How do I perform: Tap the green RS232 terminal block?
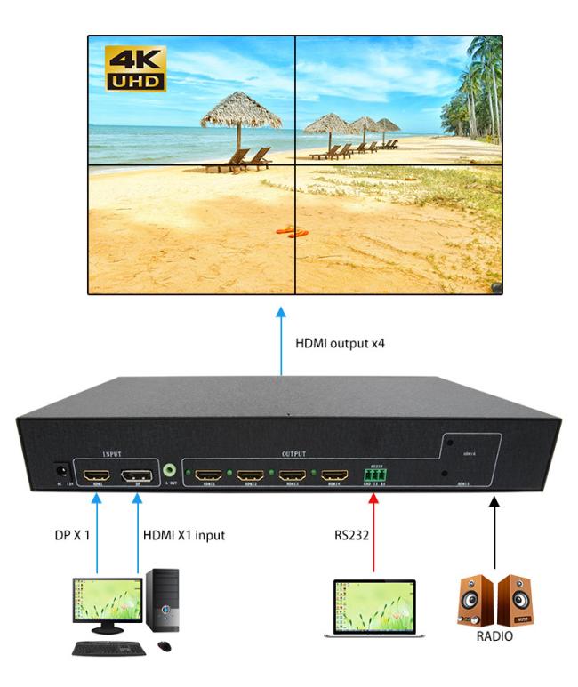[376, 478]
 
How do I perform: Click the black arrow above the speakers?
[494, 533]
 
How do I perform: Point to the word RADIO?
[491, 637]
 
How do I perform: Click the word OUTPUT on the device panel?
[293, 453]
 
